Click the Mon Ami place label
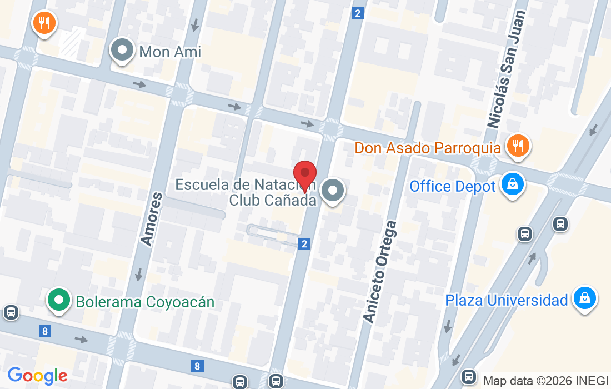tap(170, 52)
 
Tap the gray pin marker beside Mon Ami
tap(122, 51)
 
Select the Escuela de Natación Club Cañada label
tap(246, 192)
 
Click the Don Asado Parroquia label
tap(428, 148)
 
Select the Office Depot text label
tap(452, 186)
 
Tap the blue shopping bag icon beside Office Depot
tap(512, 184)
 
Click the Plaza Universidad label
tap(506, 300)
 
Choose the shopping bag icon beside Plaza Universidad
tap(584, 298)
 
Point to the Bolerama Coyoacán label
tap(145, 302)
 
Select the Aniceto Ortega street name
tap(380, 271)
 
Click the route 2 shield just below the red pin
tap(304, 243)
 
